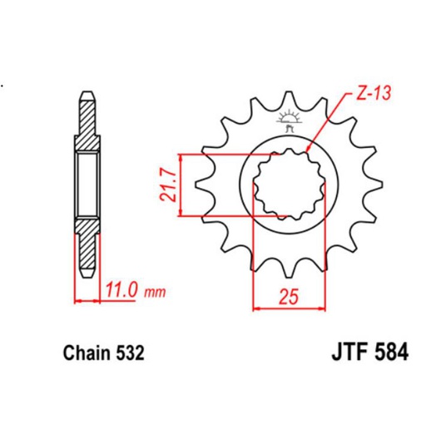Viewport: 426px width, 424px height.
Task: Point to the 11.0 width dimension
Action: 121,291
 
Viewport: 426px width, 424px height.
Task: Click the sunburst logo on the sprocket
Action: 290,121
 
